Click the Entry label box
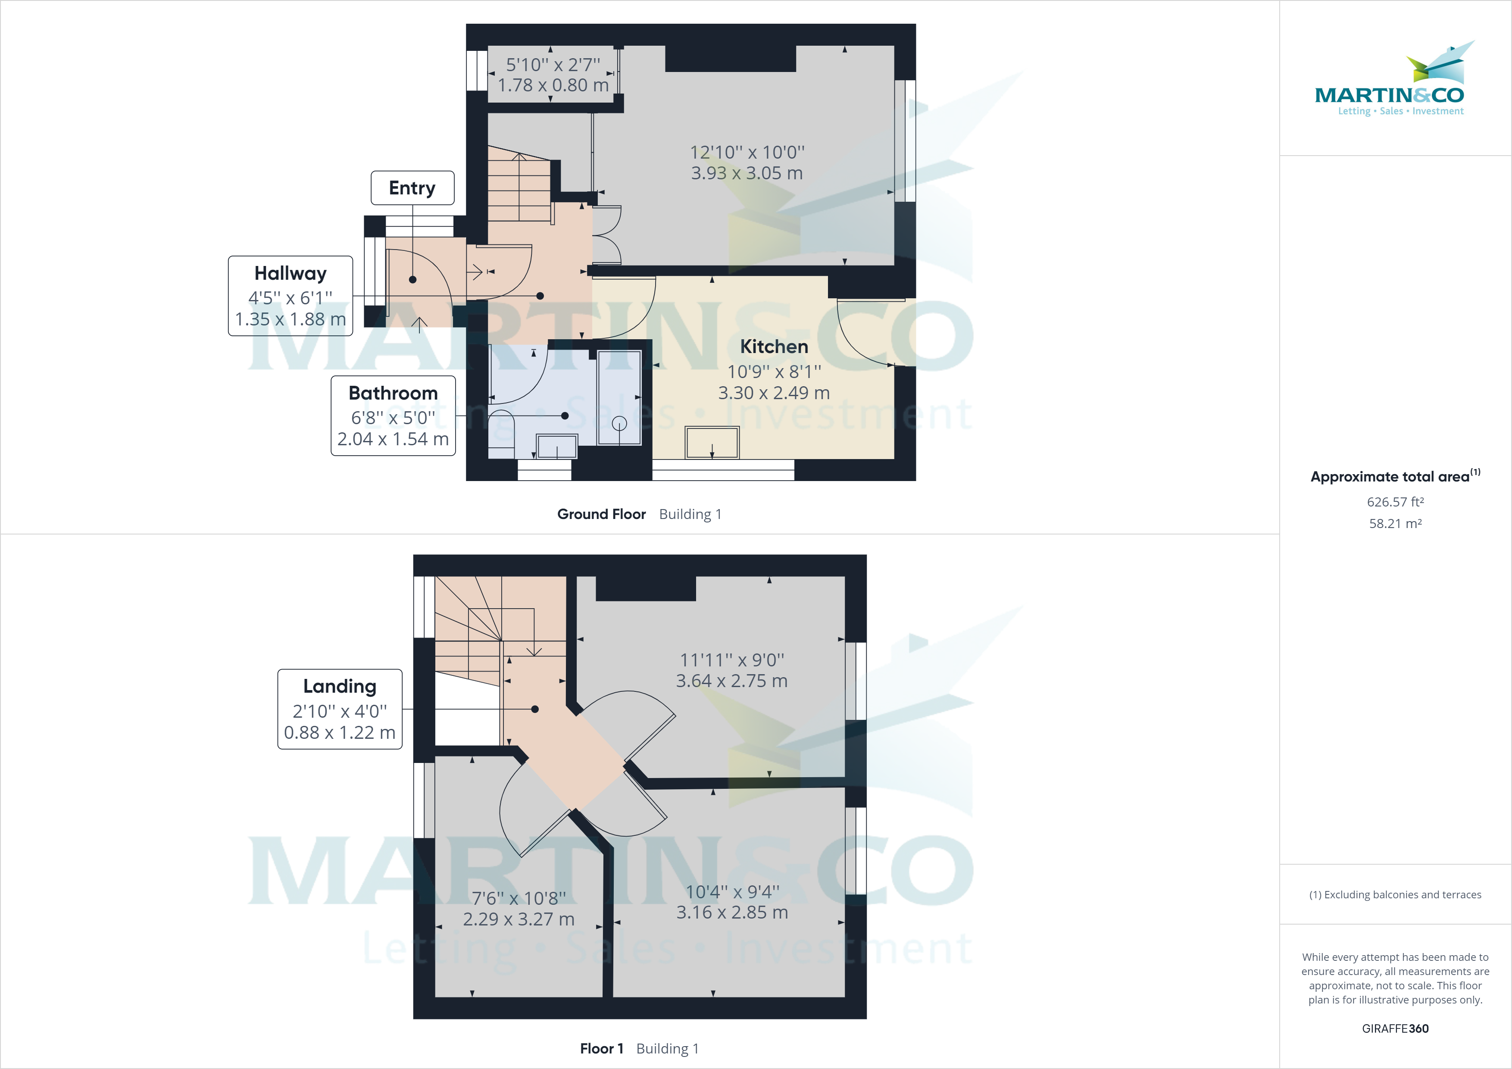click(412, 188)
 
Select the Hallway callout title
click(291, 273)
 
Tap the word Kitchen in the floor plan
click(774, 347)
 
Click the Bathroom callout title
click(393, 393)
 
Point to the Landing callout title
click(340, 686)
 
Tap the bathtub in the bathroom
click(619, 398)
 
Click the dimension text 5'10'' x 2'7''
click(553, 65)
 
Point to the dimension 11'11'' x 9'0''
click(731, 660)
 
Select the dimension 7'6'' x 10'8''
click(519, 898)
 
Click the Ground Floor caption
click(601, 514)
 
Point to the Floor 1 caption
click(601, 1049)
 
